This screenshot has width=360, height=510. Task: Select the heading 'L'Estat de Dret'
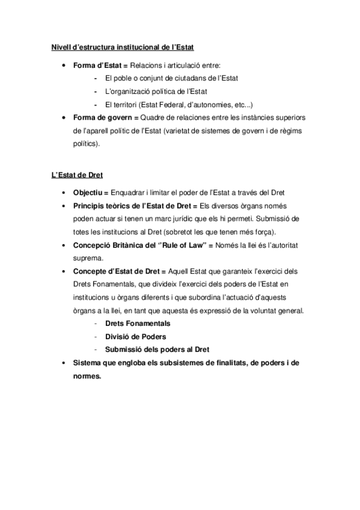(x=76, y=175)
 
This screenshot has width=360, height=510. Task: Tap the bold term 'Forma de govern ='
(x=106, y=117)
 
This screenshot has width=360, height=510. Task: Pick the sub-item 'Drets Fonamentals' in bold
(x=137, y=324)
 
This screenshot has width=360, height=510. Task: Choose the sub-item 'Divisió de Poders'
(x=135, y=337)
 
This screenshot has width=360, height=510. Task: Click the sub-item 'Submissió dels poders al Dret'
(x=157, y=350)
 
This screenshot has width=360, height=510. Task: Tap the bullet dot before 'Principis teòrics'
(x=64, y=206)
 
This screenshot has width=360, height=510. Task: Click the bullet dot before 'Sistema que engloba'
(x=64, y=364)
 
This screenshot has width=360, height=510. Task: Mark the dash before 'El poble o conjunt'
(x=95, y=78)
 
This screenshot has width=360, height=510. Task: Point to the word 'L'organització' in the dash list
(x=127, y=91)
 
